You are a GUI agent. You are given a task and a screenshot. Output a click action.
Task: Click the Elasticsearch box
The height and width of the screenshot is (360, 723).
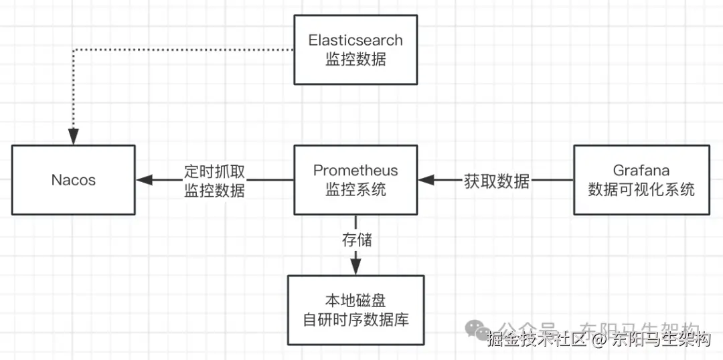coord(355,50)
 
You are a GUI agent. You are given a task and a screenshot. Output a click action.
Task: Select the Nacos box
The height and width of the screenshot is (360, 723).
coord(73,180)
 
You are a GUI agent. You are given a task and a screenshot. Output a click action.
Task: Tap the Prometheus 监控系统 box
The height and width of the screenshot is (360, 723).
coord(355,180)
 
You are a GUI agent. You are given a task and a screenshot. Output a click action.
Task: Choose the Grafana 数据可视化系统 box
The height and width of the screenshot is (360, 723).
coord(641,180)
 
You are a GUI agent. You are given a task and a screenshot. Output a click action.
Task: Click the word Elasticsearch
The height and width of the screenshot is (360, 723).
coord(355,40)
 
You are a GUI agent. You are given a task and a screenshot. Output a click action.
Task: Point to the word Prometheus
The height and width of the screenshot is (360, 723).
coord(355,171)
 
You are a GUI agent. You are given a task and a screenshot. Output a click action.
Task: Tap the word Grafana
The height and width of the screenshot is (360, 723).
coord(641,171)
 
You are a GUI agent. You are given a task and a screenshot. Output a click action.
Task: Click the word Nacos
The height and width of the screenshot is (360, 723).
coord(73,180)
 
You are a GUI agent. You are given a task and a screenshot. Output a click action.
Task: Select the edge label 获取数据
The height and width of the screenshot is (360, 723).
coord(496,181)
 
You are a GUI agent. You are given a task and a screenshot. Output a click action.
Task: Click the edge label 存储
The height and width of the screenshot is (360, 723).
coord(356,239)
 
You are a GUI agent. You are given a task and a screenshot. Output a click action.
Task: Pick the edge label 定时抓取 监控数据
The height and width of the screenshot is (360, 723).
coord(214,180)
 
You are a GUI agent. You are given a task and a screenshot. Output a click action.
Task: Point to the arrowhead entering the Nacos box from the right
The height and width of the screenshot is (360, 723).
coord(143,180)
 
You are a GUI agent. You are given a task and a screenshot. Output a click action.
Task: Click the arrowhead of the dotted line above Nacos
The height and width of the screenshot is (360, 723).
coord(73,137)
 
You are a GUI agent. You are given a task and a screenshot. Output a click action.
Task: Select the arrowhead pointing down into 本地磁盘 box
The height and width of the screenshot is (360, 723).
coord(355,267)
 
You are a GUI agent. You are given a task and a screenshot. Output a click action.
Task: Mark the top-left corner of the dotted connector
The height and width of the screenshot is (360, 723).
coord(73,50)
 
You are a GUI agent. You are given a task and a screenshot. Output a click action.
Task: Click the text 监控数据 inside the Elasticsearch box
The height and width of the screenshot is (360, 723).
coord(355,60)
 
